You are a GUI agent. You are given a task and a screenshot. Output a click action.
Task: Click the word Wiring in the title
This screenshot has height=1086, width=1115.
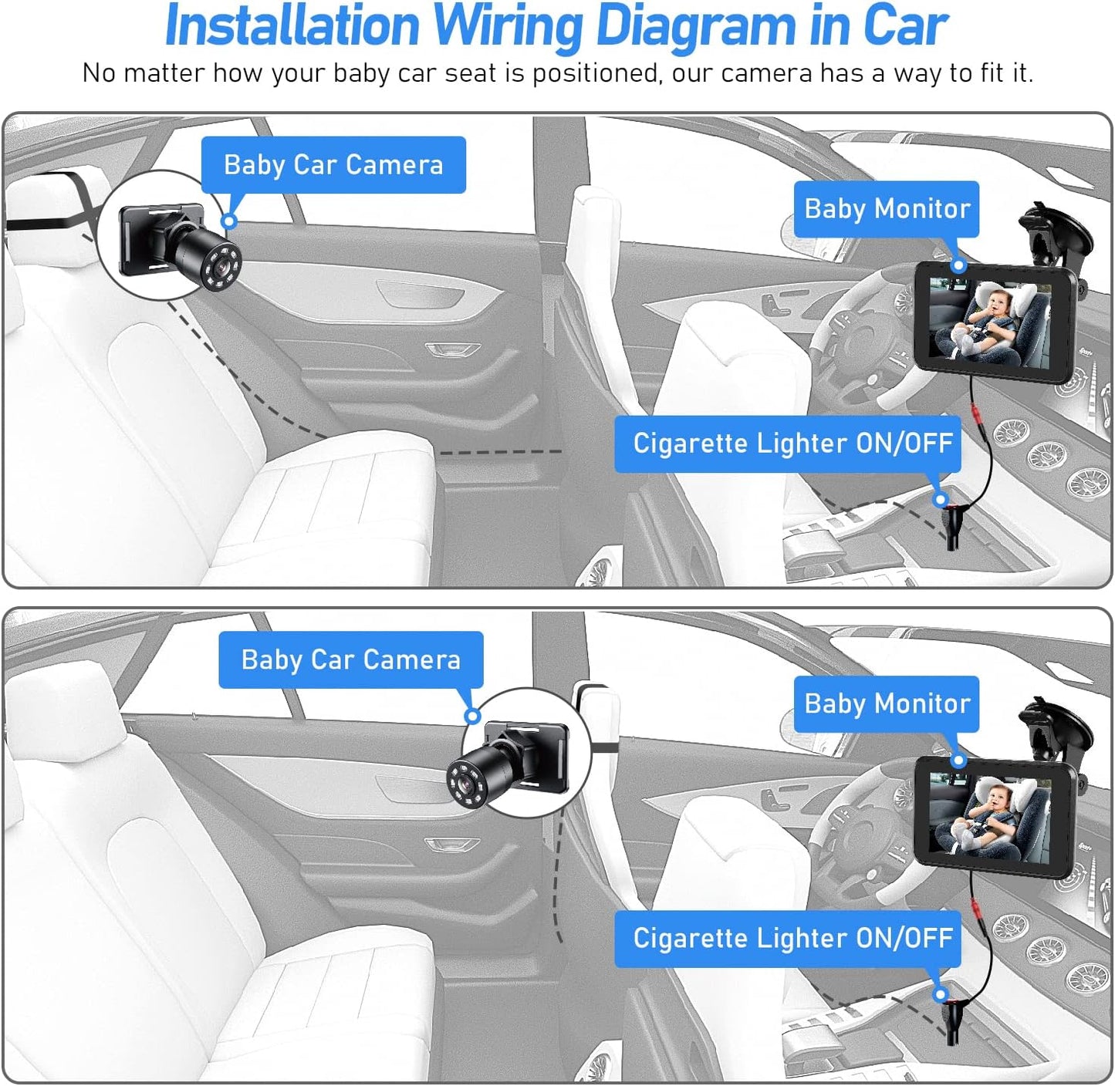point(508,26)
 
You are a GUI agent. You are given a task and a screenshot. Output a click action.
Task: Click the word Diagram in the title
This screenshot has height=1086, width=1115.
point(695,26)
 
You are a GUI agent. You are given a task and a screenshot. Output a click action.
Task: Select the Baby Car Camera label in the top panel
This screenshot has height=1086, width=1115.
point(333,164)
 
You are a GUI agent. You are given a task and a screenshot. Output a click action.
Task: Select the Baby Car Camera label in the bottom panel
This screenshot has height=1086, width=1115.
point(350,659)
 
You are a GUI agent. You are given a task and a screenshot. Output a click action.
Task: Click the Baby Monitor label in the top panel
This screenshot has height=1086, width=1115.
point(887,208)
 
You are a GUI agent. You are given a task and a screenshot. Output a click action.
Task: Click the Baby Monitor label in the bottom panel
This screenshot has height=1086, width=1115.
point(887,703)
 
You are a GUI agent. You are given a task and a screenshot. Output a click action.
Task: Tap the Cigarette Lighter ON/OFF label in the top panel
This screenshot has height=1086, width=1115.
point(788,444)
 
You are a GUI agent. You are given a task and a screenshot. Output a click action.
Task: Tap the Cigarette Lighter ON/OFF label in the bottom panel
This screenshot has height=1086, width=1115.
point(788,938)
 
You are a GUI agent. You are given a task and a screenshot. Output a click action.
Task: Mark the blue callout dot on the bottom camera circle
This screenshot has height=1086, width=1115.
point(473,716)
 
